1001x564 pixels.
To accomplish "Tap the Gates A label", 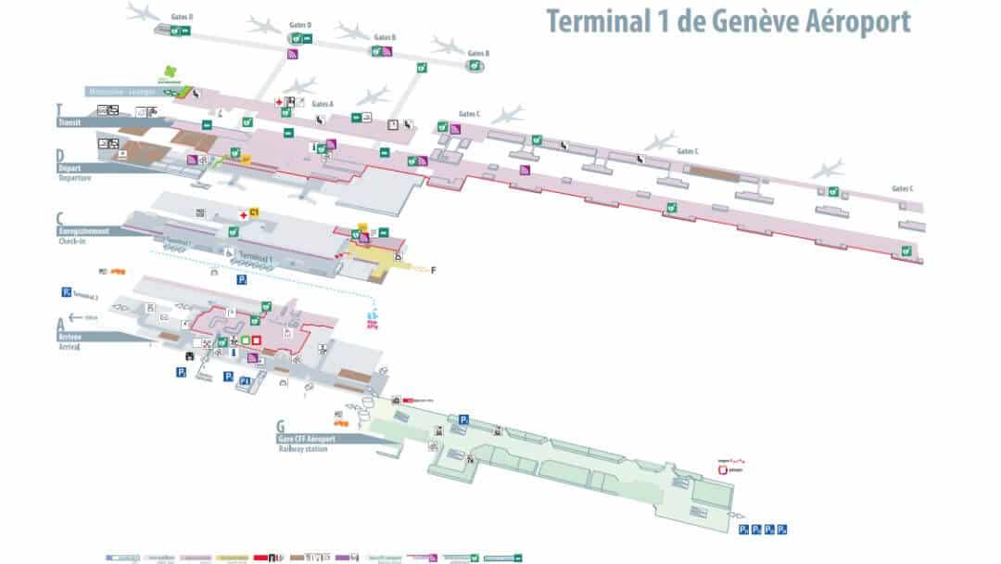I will (x=322, y=104).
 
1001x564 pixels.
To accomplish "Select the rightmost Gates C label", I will (x=902, y=188).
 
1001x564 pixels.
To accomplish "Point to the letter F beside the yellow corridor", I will (x=433, y=270).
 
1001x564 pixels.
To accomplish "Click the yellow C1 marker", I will (x=254, y=213).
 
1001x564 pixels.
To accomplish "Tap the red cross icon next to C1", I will (x=243, y=213).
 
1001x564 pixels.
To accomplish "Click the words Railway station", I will (x=303, y=449).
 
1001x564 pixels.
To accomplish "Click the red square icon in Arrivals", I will (x=257, y=340).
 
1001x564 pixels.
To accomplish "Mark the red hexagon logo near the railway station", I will (x=723, y=470).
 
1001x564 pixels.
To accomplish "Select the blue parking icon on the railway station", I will (x=464, y=419).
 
